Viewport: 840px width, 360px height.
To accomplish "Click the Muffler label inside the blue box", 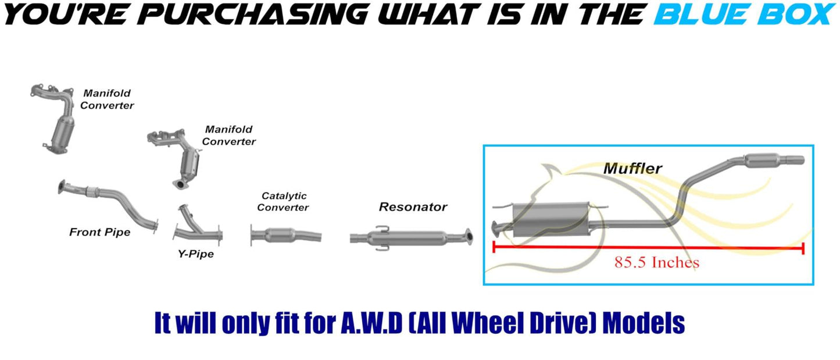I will tap(632, 169).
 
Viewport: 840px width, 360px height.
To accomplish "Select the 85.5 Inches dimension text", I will tap(657, 262).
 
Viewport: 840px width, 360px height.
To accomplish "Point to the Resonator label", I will tap(413, 206).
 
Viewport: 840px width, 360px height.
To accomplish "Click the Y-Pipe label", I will tap(196, 254).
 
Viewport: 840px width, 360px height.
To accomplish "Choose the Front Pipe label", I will tap(99, 232).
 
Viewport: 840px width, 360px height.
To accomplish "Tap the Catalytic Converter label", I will tap(283, 202).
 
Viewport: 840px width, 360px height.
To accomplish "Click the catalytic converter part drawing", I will tap(285, 235).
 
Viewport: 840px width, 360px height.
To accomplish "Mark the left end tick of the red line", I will tap(494, 248).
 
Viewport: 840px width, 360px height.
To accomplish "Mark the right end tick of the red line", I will tap(803, 248).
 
